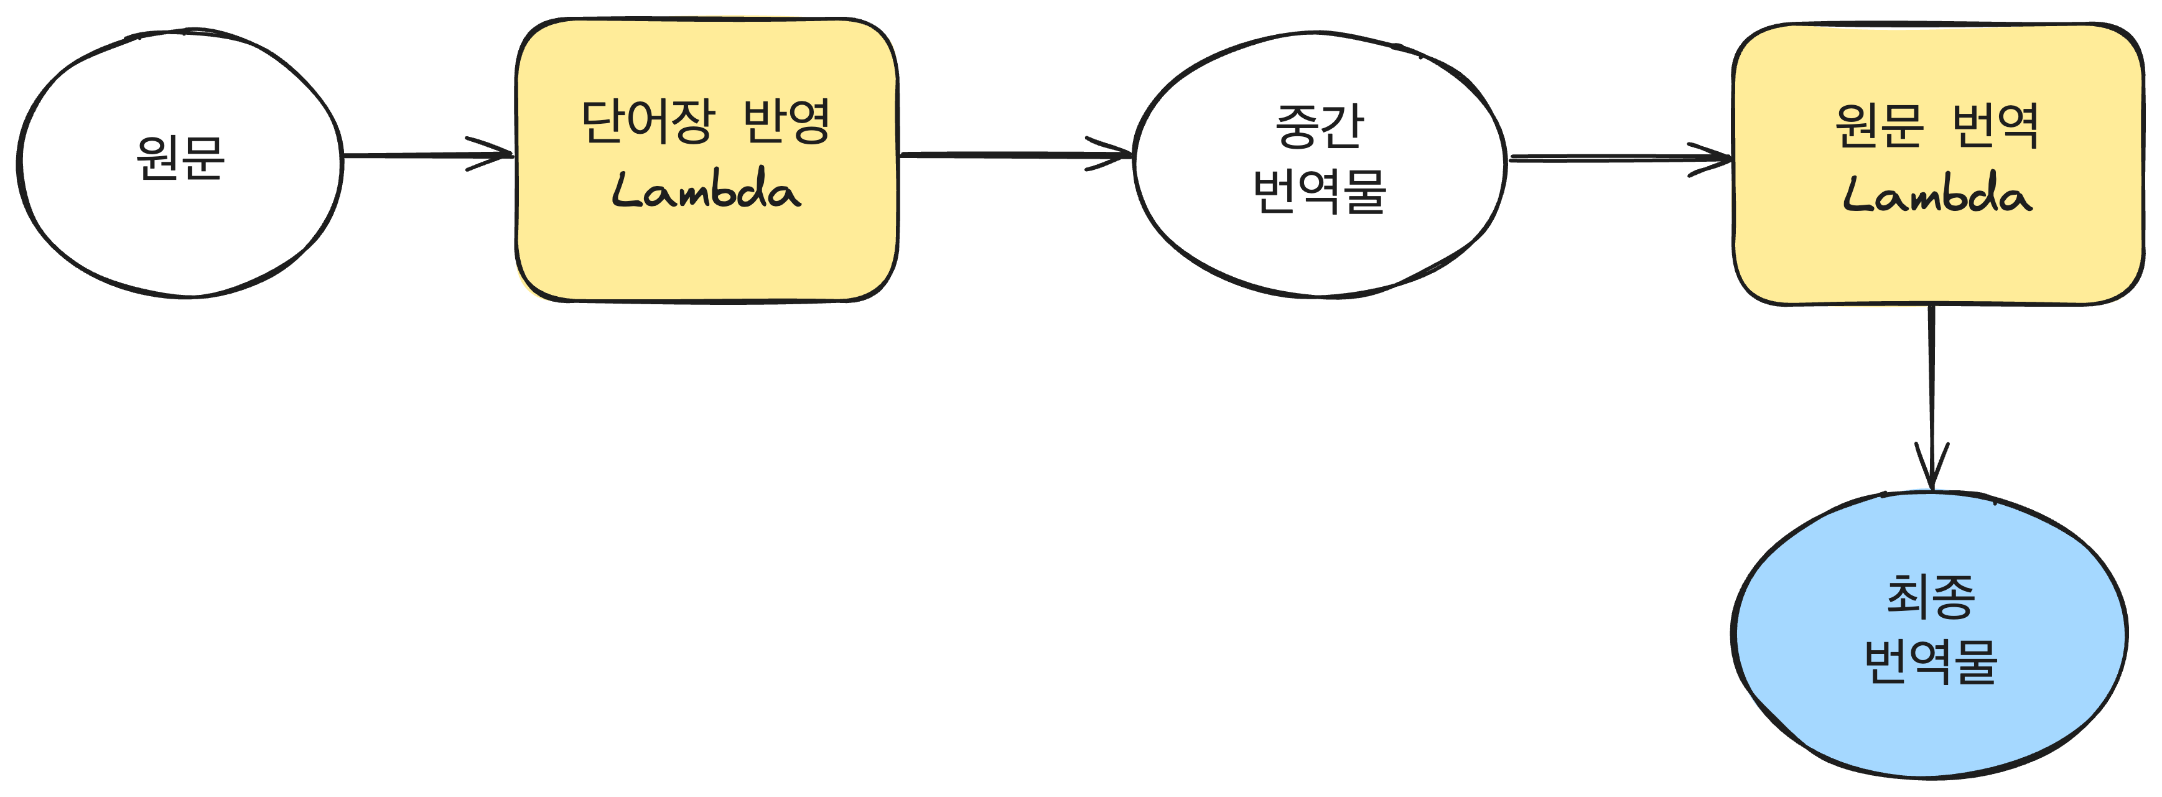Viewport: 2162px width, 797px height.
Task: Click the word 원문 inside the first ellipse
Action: (x=180, y=159)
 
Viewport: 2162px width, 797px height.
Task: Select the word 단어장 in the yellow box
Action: (x=648, y=122)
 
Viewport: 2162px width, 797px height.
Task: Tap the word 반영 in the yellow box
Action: (x=786, y=122)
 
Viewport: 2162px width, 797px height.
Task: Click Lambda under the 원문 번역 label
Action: (x=1937, y=195)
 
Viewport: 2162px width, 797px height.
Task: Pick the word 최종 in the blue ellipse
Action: (x=1931, y=597)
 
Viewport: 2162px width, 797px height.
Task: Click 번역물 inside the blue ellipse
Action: (x=1931, y=663)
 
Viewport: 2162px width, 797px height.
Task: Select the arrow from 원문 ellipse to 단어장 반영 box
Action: (x=419, y=155)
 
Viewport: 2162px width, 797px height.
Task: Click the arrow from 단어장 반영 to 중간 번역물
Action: (x=1007, y=155)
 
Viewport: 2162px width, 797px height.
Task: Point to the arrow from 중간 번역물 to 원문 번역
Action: (x=1611, y=158)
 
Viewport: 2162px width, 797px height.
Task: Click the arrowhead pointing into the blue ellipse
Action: (x=1932, y=474)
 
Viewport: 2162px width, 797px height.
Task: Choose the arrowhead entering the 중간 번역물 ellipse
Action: (x=1116, y=155)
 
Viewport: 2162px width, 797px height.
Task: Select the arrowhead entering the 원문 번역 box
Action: (x=1717, y=159)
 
